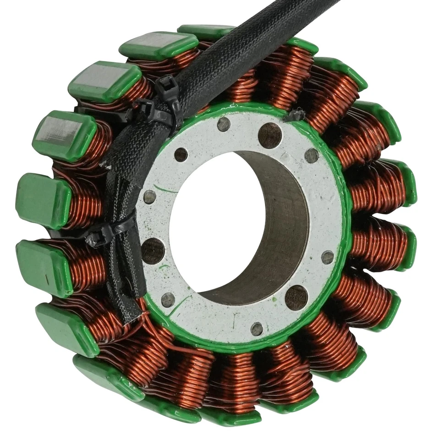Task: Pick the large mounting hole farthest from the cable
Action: pyautogui.click(x=296, y=297)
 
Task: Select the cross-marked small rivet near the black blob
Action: pyautogui.click(x=311, y=155)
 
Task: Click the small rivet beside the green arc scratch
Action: pyautogui.click(x=150, y=197)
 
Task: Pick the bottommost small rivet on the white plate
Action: pyautogui.click(x=257, y=329)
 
